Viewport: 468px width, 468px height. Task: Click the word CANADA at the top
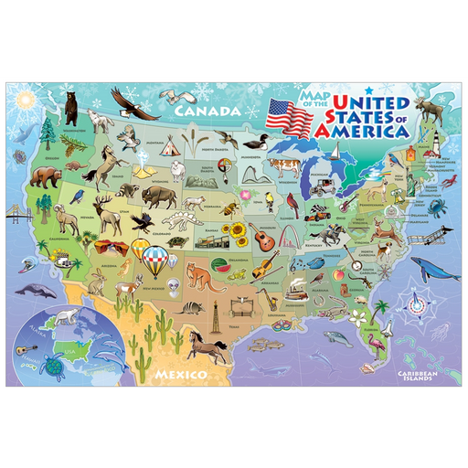[209, 110]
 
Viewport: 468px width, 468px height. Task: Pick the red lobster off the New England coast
[446, 182]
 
